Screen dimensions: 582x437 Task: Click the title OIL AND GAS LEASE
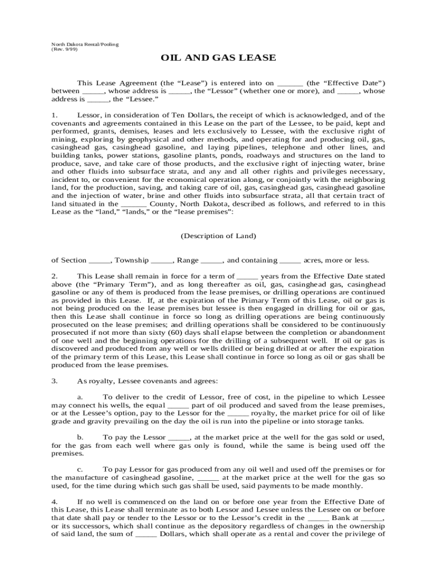point(218,58)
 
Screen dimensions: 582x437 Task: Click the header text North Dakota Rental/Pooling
point(85,44)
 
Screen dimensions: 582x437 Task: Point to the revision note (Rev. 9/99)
point(64,49)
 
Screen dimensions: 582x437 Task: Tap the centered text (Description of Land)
point(218,235)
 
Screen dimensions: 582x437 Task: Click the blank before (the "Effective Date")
point(292,82)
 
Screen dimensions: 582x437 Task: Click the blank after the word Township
point(162,260)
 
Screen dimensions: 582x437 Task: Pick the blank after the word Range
point(212,260)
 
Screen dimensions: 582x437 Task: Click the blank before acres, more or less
point(290,260)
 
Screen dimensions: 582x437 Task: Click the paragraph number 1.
point(54,115)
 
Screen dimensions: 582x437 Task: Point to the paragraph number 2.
point(54,277)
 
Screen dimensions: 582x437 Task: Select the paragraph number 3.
point(54,381)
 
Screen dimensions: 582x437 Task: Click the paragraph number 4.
point(54,502)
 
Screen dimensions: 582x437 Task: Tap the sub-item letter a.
point(81,397)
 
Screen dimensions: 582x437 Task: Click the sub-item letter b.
point(81,437)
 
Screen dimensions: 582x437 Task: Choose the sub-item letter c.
point(81,469)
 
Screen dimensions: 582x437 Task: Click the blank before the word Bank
point(318,518)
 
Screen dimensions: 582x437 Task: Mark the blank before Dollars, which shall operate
point(146,534)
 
